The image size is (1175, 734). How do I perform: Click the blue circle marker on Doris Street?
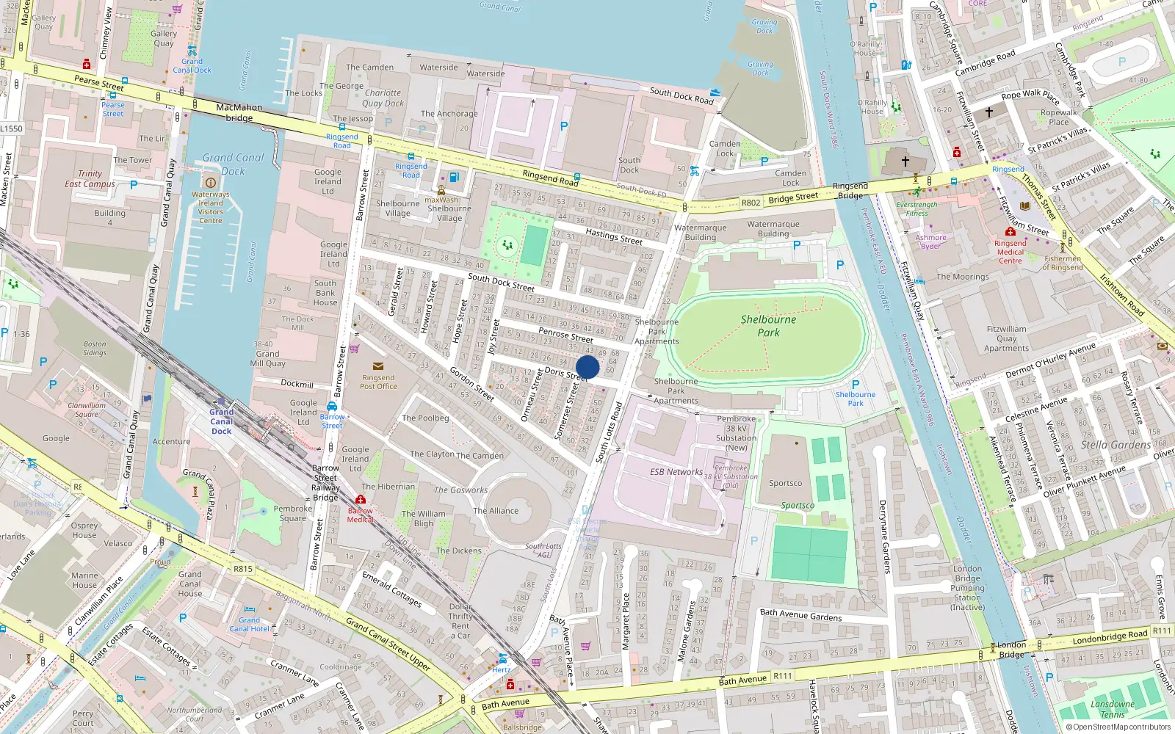[x=587, y=367]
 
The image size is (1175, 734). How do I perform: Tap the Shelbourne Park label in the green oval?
[x=768, y=326]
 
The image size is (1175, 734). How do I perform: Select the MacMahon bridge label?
[x=239, y=112]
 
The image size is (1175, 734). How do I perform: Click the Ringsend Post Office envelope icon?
[x=378, y=366]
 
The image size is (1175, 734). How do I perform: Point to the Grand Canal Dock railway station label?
[x=221, y=421]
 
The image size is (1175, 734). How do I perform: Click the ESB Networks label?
[x=676, y=472]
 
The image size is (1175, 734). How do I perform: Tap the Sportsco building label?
[x=785, y=483]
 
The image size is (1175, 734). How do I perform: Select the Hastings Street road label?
[x=614, y=236]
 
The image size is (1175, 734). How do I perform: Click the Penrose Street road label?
[x=565, y=335]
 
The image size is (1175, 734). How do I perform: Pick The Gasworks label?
[x=460, y=490]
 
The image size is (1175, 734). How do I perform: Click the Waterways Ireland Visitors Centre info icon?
[x=211, y=183]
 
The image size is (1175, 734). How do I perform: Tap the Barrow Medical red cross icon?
[x=361, y=500]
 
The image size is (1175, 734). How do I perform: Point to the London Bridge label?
[x=1011, y=650]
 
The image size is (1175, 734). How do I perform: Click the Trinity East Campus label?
[x=90, y=179]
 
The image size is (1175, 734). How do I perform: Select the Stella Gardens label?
[x=1116, y=445]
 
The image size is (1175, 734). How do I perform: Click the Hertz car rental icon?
[x=502, y=658]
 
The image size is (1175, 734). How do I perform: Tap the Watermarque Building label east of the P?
[x=773, y=229]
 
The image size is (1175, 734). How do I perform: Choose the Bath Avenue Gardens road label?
[x=800, y=615]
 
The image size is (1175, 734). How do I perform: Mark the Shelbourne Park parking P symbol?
[x=856, y=384]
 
